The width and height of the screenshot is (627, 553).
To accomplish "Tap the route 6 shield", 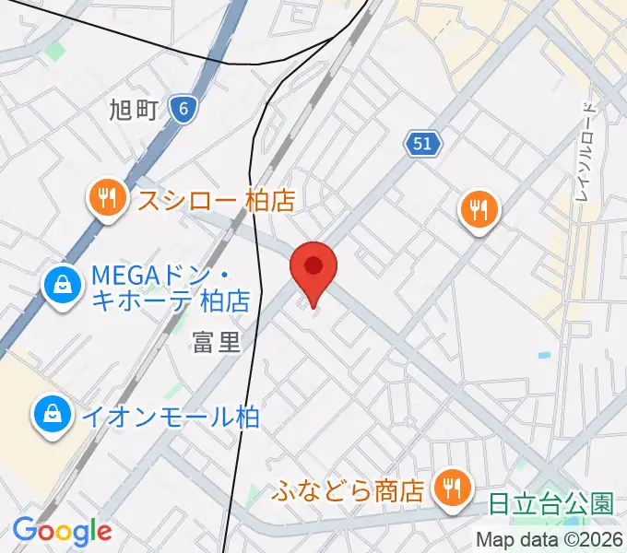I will click(184, 110).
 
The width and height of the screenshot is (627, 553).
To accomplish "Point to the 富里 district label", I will click(216, 342).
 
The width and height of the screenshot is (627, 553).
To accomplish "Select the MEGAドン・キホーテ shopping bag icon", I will click(61, 285).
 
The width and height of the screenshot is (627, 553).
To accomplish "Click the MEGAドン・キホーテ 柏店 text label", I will click(171, 287).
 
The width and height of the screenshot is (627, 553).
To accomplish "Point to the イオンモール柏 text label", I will click(172, 417).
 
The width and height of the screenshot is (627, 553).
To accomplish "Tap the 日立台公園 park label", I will click(551, 504).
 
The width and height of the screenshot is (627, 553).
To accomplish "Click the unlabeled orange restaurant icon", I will click(479, 210).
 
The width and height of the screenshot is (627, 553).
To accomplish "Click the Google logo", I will click(62, 531).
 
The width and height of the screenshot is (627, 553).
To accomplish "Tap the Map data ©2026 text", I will click(550, 541).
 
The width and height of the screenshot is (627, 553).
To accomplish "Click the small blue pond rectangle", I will click(544, 355).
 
